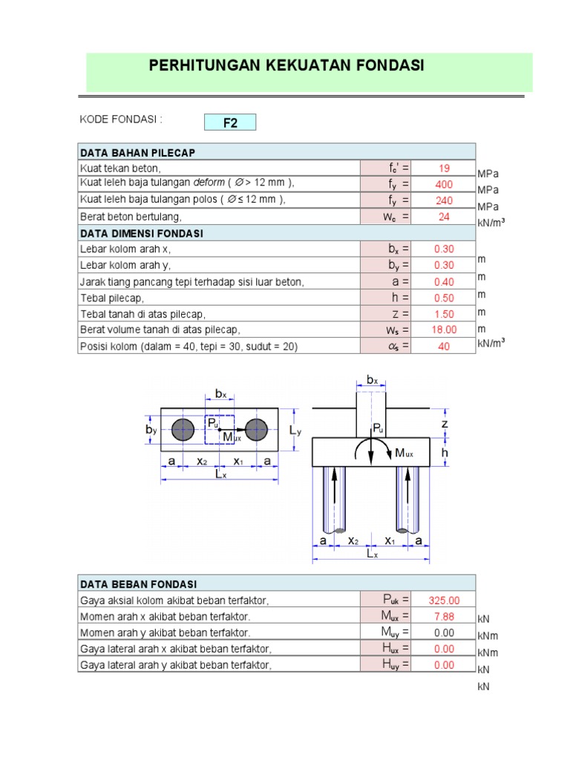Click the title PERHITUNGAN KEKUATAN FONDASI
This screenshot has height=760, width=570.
tap(286, 65)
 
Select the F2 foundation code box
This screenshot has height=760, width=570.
tap(230, 122)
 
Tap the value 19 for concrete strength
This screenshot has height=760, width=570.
tap(444, 168)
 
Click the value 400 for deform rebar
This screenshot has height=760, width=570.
tap(444, 185)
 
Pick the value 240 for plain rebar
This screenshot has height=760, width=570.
tap(444, 200)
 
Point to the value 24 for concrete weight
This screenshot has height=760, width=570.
tap(444, 217)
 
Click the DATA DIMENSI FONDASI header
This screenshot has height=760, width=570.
tap(141, 233)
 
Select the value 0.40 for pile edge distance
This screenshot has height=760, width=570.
tap(444, 281)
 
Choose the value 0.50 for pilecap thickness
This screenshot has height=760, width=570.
tap(444, 298)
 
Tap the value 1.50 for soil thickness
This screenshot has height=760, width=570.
tap(444, 314)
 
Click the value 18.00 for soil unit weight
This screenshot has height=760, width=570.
tap(444, 330)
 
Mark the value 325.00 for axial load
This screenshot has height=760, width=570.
tap(444, 600)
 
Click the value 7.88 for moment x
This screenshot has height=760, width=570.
tap(444, 617)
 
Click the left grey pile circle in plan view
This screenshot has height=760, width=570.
tap(183, 429)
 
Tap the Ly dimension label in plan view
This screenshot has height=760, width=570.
tap(295, 430)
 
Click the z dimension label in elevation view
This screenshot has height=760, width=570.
tap(445, 423)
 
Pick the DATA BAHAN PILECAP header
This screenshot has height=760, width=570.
tap(137, 153)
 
